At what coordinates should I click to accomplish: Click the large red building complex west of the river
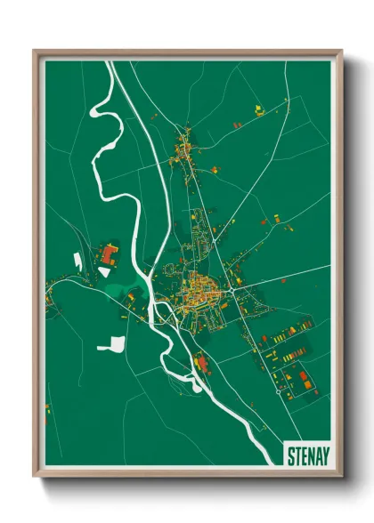(110, 254)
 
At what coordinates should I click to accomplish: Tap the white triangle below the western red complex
(104, 271)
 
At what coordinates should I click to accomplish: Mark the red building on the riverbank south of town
(199, 364)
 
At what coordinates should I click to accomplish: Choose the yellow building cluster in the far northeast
(259, 110)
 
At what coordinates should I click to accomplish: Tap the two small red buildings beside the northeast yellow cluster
(238, 125)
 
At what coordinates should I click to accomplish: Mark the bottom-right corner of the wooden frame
(341, 478)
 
